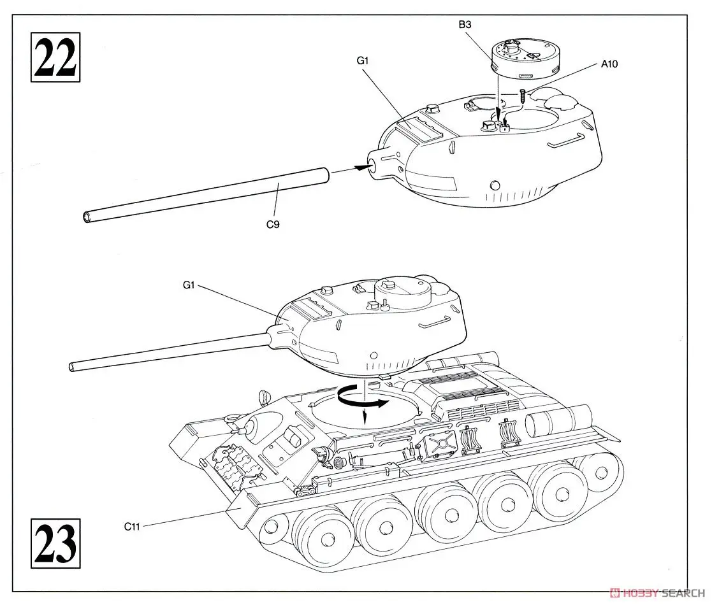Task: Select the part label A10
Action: pyautogui.click(x=609, y=64)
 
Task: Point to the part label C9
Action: pyautogui.click(x=273, y=224)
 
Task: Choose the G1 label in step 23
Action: pyautogui.click(x=188, y=285)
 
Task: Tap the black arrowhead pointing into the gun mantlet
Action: pyautogui.click(x=361, y=167)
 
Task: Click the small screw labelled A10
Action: pyautogui.click(x=523, y=97)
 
